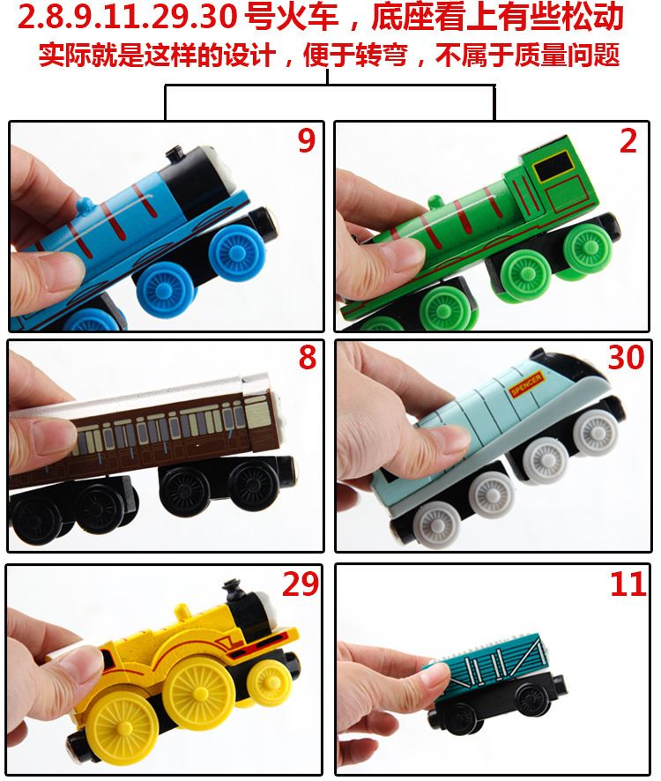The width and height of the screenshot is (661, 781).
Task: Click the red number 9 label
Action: point(307,140)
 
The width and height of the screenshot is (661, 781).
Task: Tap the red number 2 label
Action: point(628,140)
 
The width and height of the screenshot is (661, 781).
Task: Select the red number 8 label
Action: point(307,358)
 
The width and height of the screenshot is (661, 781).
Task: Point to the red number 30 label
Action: point(626,358)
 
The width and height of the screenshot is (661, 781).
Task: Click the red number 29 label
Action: point(301,584)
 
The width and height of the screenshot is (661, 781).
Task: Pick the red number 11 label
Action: point(628,584)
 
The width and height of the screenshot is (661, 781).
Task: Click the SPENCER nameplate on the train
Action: point(527,384)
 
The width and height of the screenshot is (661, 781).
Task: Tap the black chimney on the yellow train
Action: point(233,591)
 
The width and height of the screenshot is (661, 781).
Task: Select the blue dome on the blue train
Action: point(85,206)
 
